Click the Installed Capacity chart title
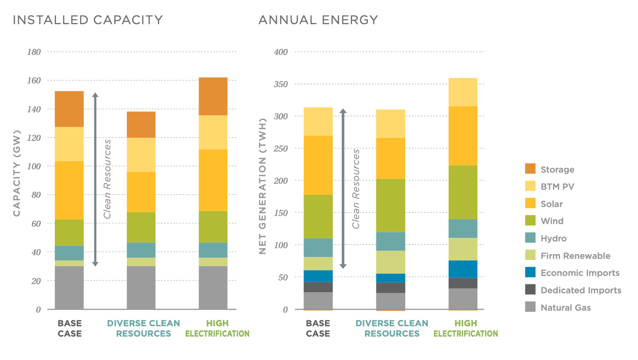click(88, 20)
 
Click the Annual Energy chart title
click(318, 20)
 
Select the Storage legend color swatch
click(530, 169)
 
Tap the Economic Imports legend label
click(580, 273)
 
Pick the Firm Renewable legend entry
click(575, 256)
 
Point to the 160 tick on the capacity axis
click(34, 80)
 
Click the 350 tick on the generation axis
click(281, 84)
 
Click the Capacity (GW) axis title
click(17, 173)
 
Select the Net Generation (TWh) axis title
click(262, 186)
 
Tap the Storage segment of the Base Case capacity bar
click(69, 109)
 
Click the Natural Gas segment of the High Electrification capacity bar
click(213, 288)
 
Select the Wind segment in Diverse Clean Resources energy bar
click(390, 205)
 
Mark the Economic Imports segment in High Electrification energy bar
click(463, 269)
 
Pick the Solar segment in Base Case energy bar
click(318, 165)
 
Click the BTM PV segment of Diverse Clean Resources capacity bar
click(141, 154)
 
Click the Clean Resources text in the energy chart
click(356, 189)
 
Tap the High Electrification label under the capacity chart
click(217, 329)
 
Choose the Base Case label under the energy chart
click(318, 329)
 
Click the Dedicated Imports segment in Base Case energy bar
click(318, 287)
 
